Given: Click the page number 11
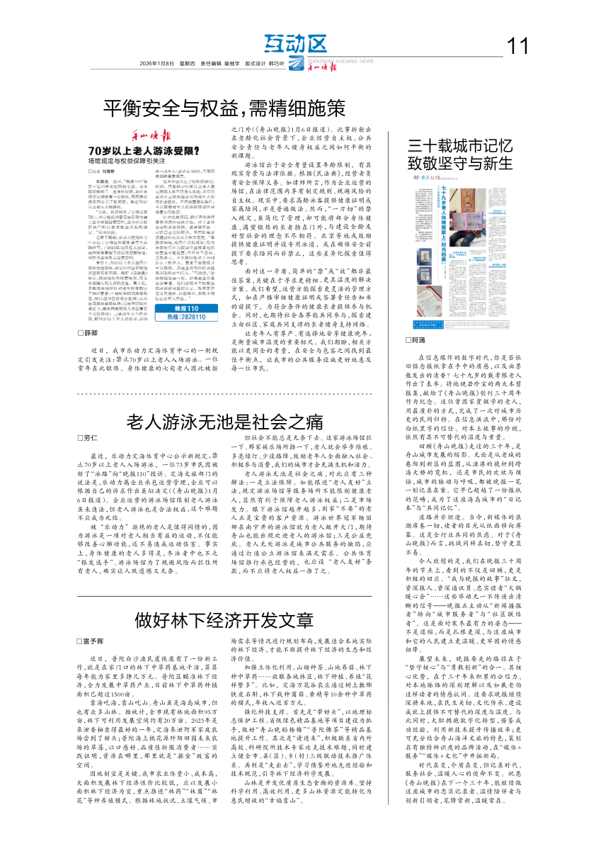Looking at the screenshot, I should click(519, 47).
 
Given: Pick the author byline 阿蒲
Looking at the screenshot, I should click(419, 340).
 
